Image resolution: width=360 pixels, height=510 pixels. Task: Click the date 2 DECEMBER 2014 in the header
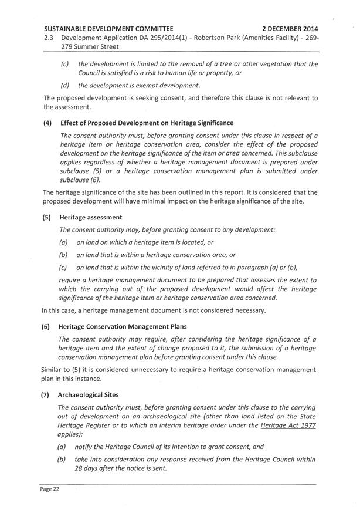(290, 28)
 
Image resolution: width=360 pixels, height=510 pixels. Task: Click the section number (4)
(47, 123)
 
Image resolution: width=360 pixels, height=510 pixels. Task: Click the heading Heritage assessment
(87, 217)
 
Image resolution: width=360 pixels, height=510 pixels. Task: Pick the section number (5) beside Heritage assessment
(47, 217)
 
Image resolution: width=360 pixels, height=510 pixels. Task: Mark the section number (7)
(47, 395)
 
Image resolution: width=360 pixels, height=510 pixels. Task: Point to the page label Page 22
(50, 489)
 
